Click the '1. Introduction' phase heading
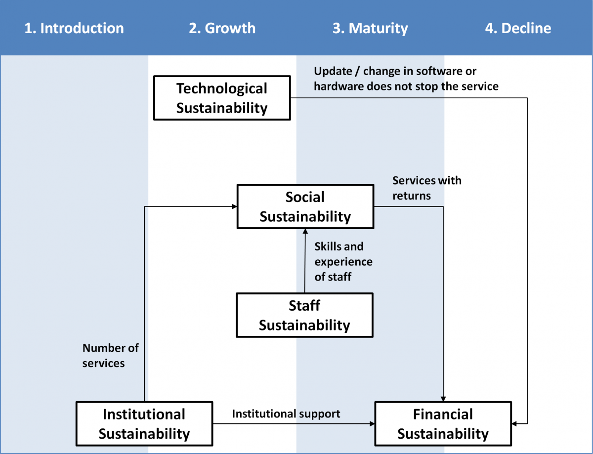pyautogui.click(x=74, y=28)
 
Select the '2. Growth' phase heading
pyautogui.click(x=222, y=28)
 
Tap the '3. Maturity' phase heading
pyautogui.click(x=370, y=28)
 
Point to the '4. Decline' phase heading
pyautogui.click(x=518, y=28)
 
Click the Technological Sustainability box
pyautogui.click(x=222, y=98)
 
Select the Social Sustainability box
pyautogui.click(x=305, y=206)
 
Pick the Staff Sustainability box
pyautogui.click(x=304, y=315)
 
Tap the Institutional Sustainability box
pyautogui.click(x=144, y=424)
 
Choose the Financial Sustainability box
pyautogui.click(x=443, y=424)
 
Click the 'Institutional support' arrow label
pyautogui.click(x=286, y=413)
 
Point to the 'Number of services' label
pyautogui.click(x=110, y=356)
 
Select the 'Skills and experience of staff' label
pyautogui.click(x=343, y=261)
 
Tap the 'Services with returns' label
pyautogui.click(x=427, y=188)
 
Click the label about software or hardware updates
pyautogui.click(x=406, y=79)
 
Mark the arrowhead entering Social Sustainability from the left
pyautogui.click(x=234, y=206)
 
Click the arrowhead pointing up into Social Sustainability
pyautogui.click(x=305, y=232)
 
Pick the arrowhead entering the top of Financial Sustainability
pyautogui.click(x=443, y=399)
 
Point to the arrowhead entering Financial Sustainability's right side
pyautogui.click(x=514, y=424)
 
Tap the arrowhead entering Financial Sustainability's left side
pyautogui.click(x=372, y=424)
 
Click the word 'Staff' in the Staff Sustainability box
pyautogui.click(x=304, y=306)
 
